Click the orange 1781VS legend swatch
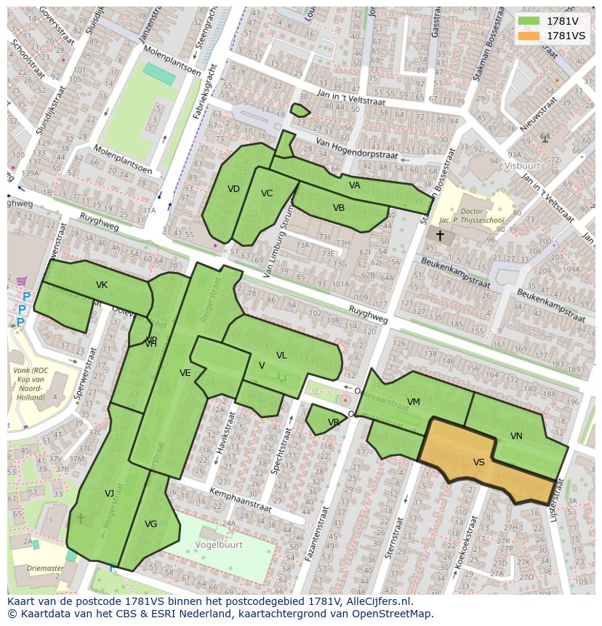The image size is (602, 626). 529,36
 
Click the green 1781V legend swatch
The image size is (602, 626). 529,21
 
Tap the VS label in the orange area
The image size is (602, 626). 478,462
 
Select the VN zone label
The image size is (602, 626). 516,436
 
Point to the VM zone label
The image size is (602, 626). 414,402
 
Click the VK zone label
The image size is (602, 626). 102,285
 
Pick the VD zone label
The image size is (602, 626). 233,189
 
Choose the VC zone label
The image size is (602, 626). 267,193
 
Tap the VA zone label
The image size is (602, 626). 355,185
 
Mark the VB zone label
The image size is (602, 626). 339,208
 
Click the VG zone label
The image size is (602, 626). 150,524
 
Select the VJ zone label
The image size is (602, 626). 109,494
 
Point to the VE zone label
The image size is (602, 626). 185,373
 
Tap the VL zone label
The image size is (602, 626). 281,356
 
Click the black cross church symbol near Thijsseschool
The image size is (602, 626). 440,236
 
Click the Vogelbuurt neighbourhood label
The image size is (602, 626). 219,543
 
